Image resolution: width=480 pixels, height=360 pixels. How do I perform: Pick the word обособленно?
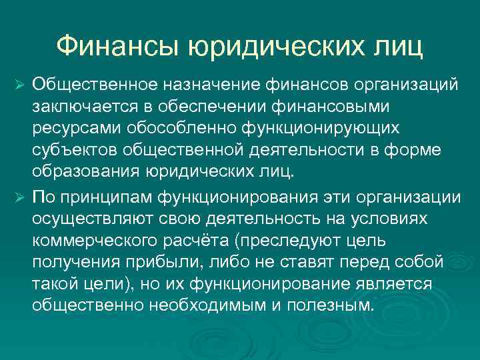coord(178,129)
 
